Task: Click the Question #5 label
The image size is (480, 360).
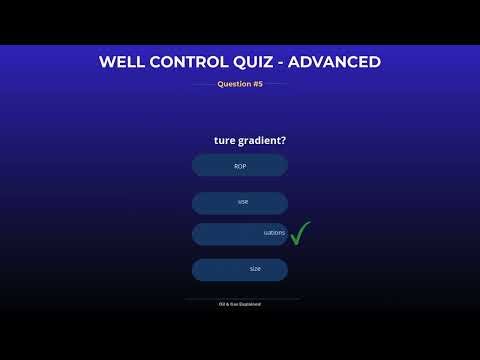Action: [x=240, y=84]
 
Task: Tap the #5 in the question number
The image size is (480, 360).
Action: [x=257, y=84]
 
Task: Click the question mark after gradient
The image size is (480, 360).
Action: [x=297, y=140]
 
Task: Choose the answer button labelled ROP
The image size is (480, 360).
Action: [x=240, y=166]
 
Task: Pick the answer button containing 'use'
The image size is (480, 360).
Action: [x=240, y=202]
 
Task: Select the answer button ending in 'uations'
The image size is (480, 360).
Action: [x=240, y=234]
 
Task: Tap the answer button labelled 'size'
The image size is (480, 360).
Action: [x=240, y=270]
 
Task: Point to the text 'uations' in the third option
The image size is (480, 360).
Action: [x=274, y=233]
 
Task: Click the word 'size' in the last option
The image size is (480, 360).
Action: [x=255, y=269]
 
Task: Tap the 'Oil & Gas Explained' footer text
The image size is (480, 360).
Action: [x=240, y=303]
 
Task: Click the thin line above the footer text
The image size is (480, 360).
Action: [x=240, y=298]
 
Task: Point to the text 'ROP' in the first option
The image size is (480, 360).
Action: [x=240, y=166]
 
